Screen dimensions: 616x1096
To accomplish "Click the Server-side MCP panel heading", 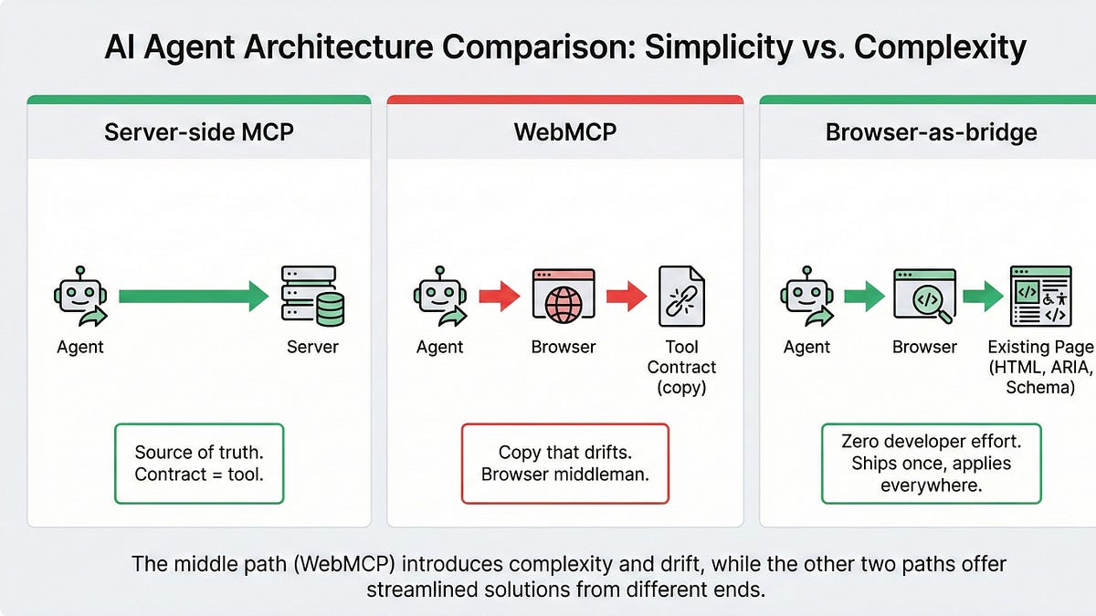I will (x=199, y=131).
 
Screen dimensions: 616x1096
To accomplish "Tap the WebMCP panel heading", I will (x=564, y=131).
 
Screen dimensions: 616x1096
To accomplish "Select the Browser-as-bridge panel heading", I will (x=931, y=131).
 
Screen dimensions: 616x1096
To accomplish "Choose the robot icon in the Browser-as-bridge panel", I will (x=806, y=297).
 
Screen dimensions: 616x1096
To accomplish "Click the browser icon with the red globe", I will (x=564, y=297).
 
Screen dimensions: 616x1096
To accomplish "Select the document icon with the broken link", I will (x=681, y=297).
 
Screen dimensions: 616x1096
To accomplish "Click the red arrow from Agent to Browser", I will (x=500, y=297).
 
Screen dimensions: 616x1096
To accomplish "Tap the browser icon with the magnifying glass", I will (x=924, y=297).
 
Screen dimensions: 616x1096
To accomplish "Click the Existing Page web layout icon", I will (x=1040, y=297).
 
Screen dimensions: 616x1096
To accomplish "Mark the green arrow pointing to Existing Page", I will (x=983, y=297).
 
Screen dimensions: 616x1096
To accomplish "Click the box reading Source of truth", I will (x=199, y=463).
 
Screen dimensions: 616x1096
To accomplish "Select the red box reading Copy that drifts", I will (x=564, y=463).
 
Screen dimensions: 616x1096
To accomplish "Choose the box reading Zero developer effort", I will (x=931, y=463).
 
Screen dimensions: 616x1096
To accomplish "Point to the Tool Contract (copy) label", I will (x=681, y=367).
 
